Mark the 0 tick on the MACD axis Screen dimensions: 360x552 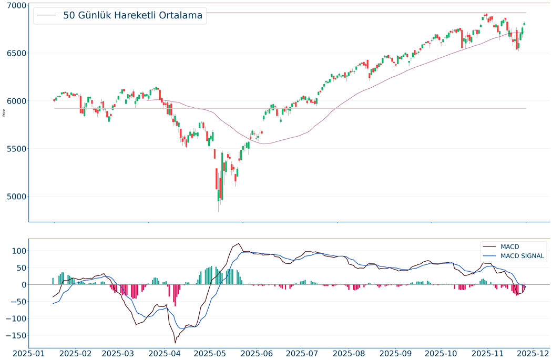coord(22,284)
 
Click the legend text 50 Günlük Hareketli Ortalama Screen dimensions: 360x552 coord(132,15)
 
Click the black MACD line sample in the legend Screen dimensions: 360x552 coord(489,246)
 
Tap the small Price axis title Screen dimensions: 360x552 coord(4,112)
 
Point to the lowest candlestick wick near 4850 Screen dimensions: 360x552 coord(219,211)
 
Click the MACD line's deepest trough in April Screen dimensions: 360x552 coord(175,343)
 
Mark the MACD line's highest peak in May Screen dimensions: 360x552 coord(239,244)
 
